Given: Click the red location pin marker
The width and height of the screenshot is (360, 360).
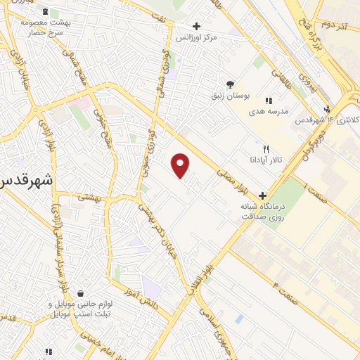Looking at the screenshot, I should [181, 165].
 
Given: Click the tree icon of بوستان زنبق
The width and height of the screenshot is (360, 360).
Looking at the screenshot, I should [230, 83].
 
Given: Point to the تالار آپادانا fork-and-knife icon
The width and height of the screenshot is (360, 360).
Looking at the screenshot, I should [266, 149].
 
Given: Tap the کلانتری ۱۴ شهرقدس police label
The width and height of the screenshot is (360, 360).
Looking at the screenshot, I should [328, 120].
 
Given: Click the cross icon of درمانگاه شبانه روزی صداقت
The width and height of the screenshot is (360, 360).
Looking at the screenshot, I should [262, 195].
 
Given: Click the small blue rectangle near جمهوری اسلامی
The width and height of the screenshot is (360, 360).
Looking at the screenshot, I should [240, 319].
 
